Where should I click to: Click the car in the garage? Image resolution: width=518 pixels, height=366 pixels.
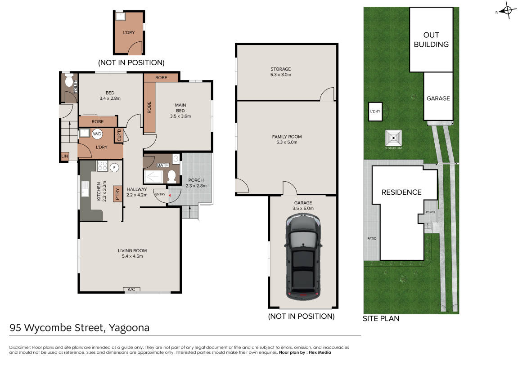(x=303, y=257)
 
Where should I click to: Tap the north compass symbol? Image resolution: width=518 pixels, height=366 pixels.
(x=507, y=11)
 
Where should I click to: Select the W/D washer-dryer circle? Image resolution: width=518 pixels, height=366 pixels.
(x=97, y=134)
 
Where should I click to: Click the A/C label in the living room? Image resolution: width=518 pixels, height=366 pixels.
(x=131, y=290)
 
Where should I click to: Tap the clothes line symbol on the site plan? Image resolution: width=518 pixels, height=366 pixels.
(x=393, y=138)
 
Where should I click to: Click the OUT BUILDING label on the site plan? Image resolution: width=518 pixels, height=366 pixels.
(x=431, y=40)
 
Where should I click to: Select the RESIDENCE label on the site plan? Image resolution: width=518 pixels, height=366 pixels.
(x=401, y=192)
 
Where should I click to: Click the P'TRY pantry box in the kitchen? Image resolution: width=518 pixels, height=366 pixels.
(x=117, y=194)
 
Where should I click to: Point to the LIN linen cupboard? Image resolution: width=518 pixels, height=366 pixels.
(x=65, y=156)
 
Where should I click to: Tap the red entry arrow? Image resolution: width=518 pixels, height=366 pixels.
(x=170, y=196)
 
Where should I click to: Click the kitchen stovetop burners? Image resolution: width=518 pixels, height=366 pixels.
(x=103, y=165)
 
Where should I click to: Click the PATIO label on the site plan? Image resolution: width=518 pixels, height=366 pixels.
(x=372, y=238)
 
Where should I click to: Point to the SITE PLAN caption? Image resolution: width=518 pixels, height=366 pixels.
(x=381, y=318)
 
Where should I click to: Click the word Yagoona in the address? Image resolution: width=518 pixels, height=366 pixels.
(x=129, y=328)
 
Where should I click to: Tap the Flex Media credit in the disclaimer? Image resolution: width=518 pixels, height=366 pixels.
(x=320, y=353)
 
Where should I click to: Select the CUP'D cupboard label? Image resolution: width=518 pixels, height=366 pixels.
(x=119, y=135)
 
